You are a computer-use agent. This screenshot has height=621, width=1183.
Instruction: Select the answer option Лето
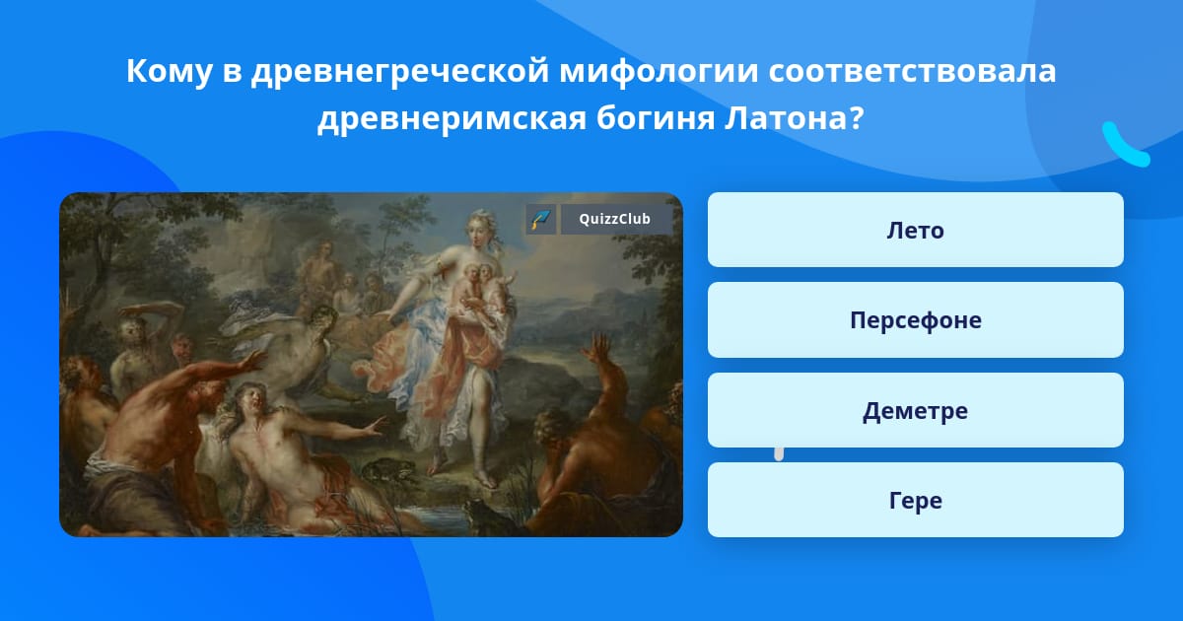point(915,230)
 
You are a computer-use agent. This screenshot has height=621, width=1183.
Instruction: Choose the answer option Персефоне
point(915,320)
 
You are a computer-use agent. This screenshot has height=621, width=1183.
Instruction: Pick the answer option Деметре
point(915,410)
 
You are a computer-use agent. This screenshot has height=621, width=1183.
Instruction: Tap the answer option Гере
point(915,500)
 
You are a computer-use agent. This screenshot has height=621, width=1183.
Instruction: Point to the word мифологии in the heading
point(659,70)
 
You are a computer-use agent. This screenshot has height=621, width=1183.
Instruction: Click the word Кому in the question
point(169,70)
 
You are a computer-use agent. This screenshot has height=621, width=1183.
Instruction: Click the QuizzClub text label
point(615,219)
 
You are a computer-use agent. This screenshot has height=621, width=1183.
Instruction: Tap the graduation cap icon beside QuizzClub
point(541,219)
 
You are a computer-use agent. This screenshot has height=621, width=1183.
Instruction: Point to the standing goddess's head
point(479,227)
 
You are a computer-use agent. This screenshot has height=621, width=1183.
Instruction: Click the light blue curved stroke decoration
point(1125,145)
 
